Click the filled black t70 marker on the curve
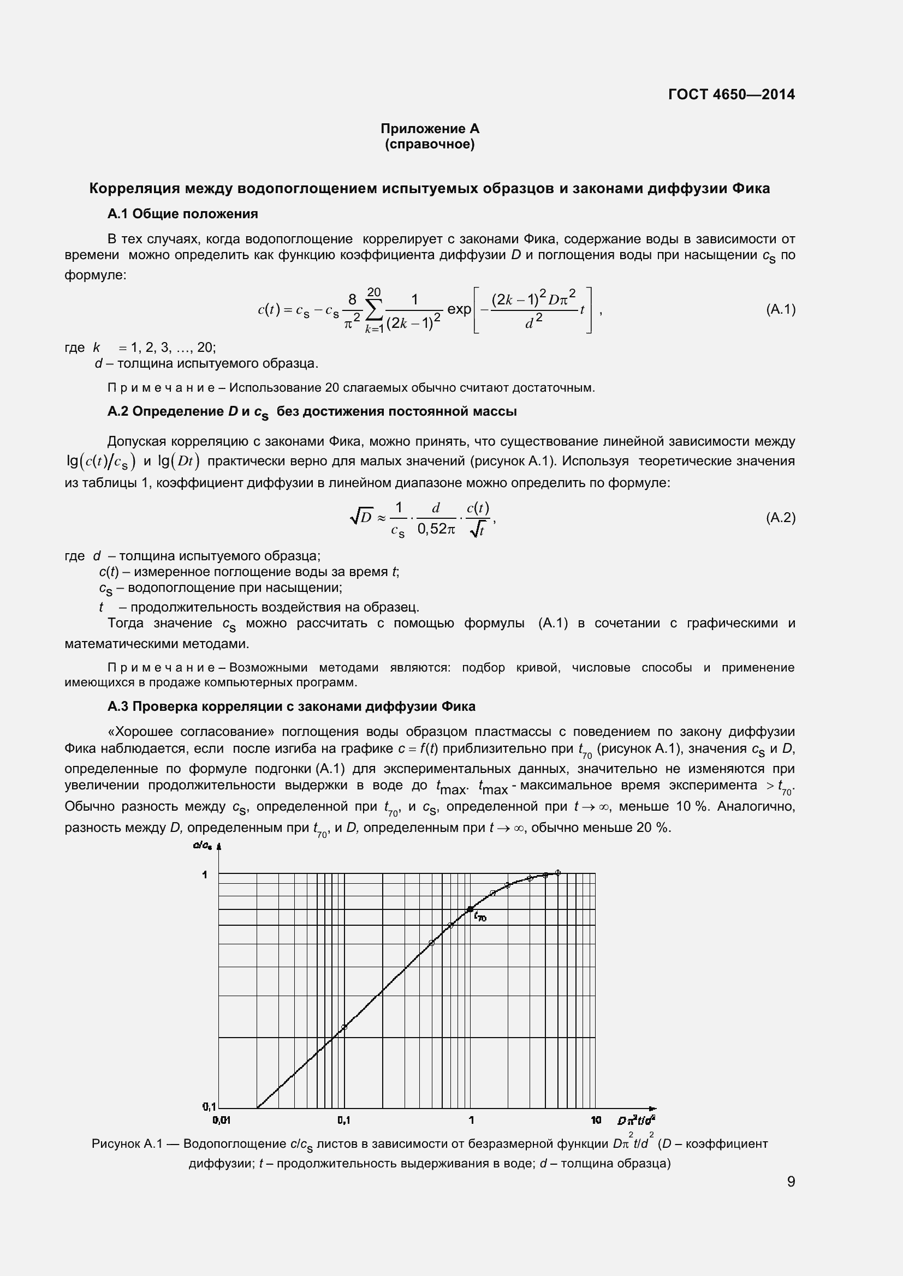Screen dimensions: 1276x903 click(471, 909)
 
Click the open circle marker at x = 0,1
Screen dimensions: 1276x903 click(343, 1027)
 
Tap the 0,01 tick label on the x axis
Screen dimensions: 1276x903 click(221, 1120)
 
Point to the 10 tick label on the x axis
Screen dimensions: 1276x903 click(596, 1120)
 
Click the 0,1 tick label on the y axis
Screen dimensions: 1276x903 click(209, 1106)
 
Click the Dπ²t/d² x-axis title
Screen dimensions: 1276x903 click(636, 1120)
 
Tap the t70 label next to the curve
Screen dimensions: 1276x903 click(480, 918)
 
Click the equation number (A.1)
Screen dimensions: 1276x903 click(780, 309)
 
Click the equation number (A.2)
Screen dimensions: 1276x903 click(780, 518)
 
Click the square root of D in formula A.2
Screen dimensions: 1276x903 click(362, 517)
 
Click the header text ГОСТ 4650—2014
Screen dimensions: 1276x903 click(731, 94)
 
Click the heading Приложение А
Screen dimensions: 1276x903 click(429, 128)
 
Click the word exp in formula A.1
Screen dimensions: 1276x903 click(459, 309)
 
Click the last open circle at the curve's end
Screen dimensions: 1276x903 click(558, 872)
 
